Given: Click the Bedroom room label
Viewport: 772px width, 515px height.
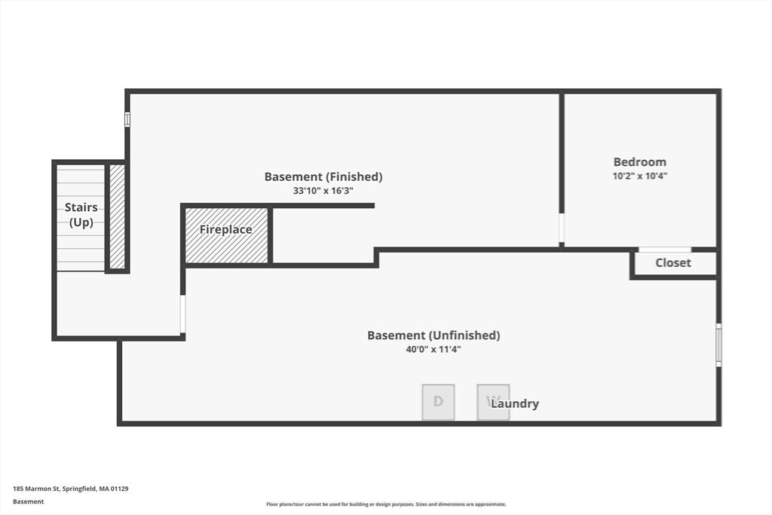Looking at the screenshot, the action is click(639, 162).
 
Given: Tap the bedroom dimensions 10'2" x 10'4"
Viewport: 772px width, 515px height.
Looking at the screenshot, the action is click(639, 176).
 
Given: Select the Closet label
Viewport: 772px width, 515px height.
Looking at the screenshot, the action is click(673, 263).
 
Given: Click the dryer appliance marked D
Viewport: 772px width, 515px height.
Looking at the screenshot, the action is click(438, 402).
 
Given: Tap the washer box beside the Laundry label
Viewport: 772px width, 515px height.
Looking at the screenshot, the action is click(493, 402).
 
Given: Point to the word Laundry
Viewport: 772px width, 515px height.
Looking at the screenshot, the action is click(514, 403).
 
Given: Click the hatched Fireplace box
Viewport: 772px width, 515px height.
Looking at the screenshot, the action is click(226, 235).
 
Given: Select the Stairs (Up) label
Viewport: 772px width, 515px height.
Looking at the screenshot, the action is click(81, 215).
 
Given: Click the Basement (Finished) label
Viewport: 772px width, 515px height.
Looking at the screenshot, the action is click(323, 176).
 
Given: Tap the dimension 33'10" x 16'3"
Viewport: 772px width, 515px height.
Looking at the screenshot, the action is click(323, 191).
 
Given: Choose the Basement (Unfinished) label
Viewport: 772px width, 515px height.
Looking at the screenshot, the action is click(433, 336).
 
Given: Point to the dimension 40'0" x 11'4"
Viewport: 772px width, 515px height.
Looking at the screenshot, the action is click(433, 350).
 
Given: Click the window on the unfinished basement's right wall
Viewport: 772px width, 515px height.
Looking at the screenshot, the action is click(718, 345).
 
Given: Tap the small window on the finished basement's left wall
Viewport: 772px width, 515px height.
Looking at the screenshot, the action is click(127, 120).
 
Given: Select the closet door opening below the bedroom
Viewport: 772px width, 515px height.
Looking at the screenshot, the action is click(665, 250).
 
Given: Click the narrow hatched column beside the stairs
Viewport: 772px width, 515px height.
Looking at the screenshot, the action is click(117, 216).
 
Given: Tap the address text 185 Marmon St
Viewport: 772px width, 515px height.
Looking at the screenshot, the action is click(36, 489).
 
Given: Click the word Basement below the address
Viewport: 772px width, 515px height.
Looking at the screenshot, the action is click(28, 501).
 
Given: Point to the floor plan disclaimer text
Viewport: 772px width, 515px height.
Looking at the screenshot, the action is click(386, 504).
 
